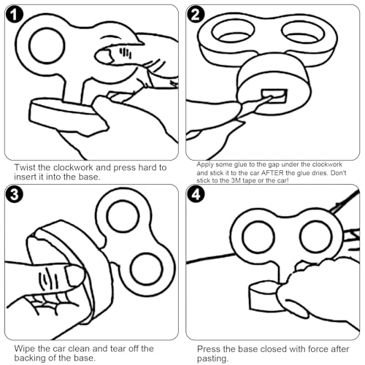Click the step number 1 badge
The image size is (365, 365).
(x=15, y=15)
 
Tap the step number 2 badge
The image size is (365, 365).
(x=196, y=15)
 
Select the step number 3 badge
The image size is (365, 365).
(x=15, y=194)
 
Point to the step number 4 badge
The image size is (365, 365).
(x=196, y=194)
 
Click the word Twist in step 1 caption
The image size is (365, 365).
(x=25, y=167)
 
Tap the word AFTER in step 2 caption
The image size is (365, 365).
(x=272, y=173)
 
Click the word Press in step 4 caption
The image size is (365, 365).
(x=209, y=349)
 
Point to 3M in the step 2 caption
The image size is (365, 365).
(x=237, y=180)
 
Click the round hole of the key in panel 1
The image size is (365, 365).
(x=47, y=46)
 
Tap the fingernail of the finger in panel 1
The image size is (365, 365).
(x=104, y=56)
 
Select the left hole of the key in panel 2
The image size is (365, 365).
(x=233, y=31)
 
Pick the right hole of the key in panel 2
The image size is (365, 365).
(x=303, y=31)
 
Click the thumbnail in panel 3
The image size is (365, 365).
(x=74, y=275)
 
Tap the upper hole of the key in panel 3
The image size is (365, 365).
(x=123, y=216)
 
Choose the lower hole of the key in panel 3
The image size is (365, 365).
(x=147, y=269)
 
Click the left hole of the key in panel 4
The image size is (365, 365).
(x=258, y=237)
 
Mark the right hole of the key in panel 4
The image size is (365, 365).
(x=316, y=237)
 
